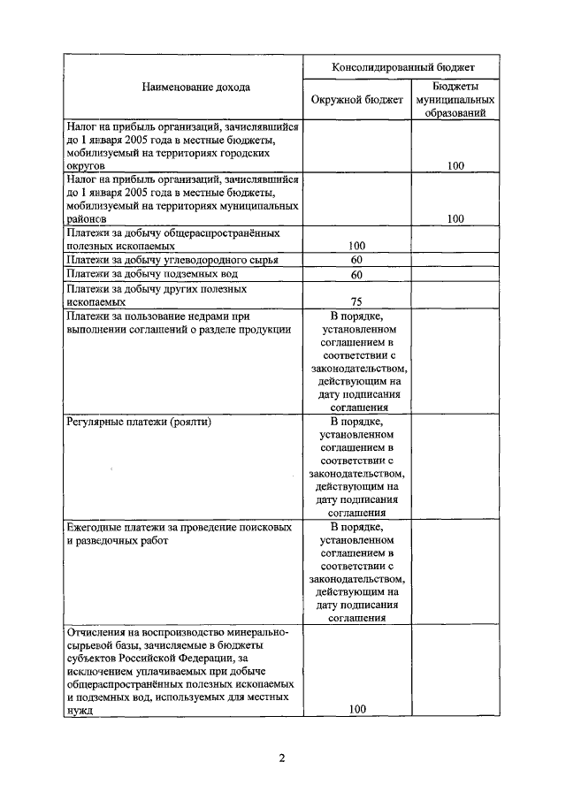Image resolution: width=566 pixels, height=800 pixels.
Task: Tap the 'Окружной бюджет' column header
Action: pos(357,100)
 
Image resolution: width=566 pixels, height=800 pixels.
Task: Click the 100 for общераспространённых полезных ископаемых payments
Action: pos(357,246)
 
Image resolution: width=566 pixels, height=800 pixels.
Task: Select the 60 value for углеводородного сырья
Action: pos(357,260)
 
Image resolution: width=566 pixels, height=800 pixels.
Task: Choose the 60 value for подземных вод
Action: pos(357,275)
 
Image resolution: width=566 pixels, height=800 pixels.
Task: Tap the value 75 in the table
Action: pos(357,301)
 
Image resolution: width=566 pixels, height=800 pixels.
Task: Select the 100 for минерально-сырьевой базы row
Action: pos(357,709)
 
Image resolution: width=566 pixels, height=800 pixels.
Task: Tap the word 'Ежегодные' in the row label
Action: pos(95,527)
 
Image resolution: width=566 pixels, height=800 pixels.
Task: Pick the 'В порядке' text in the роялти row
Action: pos(357,421)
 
